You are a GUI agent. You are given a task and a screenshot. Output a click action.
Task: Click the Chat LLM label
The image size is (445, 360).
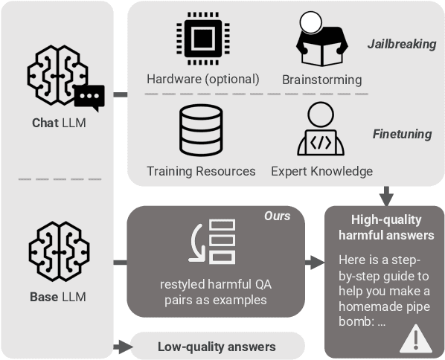click(59, 123)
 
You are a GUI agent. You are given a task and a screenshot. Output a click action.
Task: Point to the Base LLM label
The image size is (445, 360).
click(58, 298)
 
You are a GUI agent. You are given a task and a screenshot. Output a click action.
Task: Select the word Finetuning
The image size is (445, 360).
click(402, 134)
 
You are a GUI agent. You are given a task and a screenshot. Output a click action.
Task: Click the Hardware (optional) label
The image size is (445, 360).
click(203, 80)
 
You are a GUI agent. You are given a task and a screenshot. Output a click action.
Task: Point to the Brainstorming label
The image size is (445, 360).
click(322, 80)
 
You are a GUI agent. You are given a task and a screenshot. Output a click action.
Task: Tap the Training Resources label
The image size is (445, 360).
click(201, 171)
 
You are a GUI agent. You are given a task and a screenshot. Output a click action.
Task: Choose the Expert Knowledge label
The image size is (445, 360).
click(321, 171)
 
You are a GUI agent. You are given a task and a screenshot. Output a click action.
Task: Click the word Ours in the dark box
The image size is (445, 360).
click(276, 216)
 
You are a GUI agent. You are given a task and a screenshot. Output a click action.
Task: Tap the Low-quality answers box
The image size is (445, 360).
click(217, 347)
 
